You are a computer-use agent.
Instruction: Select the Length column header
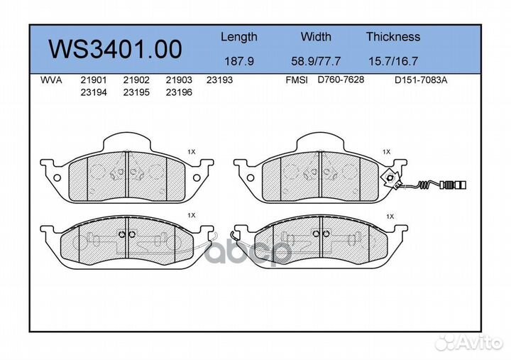coord(238,37)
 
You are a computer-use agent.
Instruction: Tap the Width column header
coord(316,37)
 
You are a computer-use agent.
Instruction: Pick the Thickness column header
coord(392,37)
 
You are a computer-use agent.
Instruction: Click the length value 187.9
coord(238,61)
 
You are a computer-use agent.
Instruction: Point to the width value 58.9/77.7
coord(316,61)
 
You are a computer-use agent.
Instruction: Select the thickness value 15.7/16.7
coord(392,61)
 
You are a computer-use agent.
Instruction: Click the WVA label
coord(51,80)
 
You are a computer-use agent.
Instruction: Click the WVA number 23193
coord(219,80)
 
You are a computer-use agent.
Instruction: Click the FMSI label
coord(296,80)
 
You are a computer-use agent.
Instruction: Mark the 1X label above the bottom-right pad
coord(389,214)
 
